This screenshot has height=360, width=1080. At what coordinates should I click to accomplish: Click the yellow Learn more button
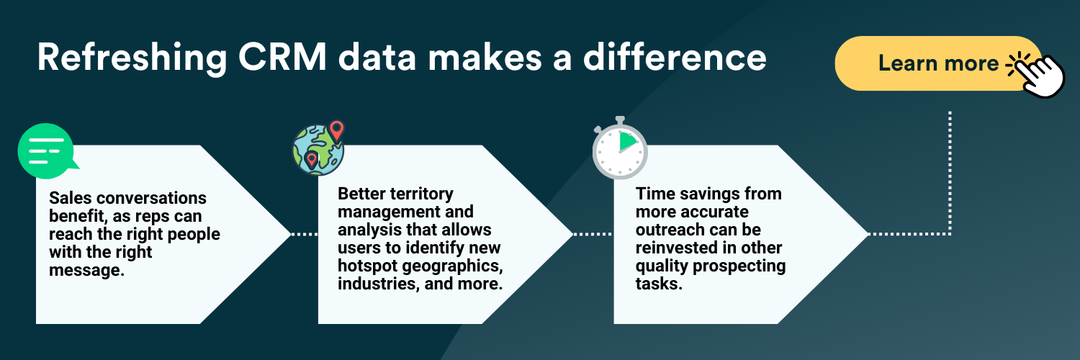pyautogui.click(x=937, y=63)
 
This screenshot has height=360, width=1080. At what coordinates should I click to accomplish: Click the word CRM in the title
pyautogui.click(x=282, y=58)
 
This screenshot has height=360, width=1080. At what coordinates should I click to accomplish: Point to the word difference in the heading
pyautogui.click(x=675, y=58)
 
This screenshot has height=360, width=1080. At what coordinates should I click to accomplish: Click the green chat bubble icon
pyautogui.click(x=46, y=151)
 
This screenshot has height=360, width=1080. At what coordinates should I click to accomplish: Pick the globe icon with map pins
pyautogui.click(x=319, y=148)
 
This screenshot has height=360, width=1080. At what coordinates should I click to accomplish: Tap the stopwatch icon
pyautogui.click(x=620, y=148)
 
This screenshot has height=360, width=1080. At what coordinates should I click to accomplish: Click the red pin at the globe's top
pyautogui.click(x=336, y=130)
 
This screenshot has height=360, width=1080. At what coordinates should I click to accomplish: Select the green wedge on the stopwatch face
pyautogui.click(x=627, y=141)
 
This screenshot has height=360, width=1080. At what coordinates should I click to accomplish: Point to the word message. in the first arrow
pyautogui.click(x=87, y=271)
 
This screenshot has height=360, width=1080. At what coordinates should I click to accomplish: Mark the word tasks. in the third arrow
pyautogui.click(x=659, y=284)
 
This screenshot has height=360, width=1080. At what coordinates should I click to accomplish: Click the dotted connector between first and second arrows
pyautogui.click(x=305, y=234)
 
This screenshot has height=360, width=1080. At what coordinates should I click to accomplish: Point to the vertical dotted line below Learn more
pyautogui.click(x=950, y=174)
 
